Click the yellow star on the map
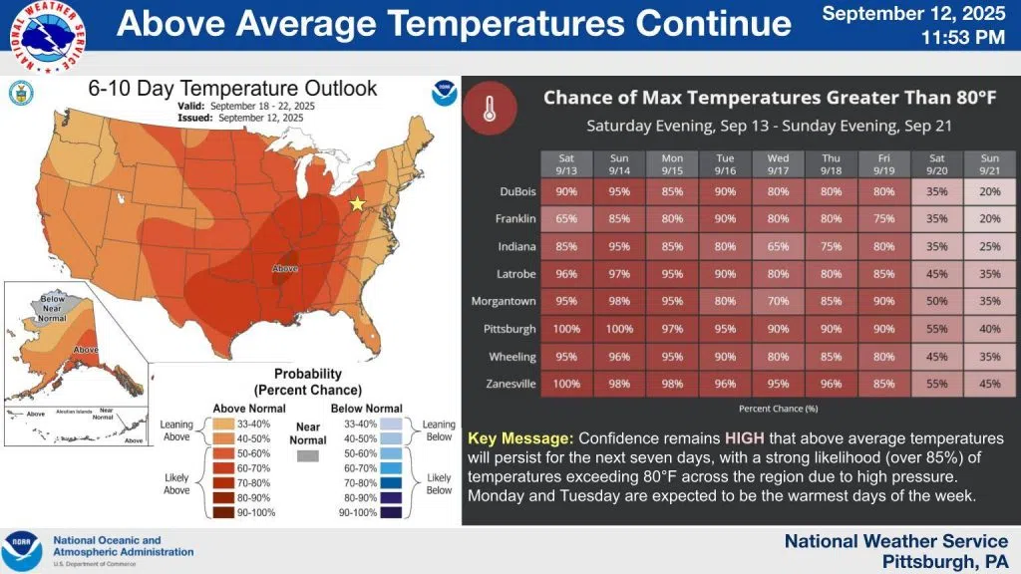(x=357, y=204)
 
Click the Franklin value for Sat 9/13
(x=566, y=218)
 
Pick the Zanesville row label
(x=511, y=384)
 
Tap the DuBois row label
(x=517, y=190)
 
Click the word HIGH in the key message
(x=745, y=438)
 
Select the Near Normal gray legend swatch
(x=308, y=455)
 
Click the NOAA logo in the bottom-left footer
(x=22, y=551)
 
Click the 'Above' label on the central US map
(x=285, y=269)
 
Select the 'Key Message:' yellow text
(x=519, y=438)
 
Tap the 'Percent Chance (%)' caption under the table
(x=780, y=409)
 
